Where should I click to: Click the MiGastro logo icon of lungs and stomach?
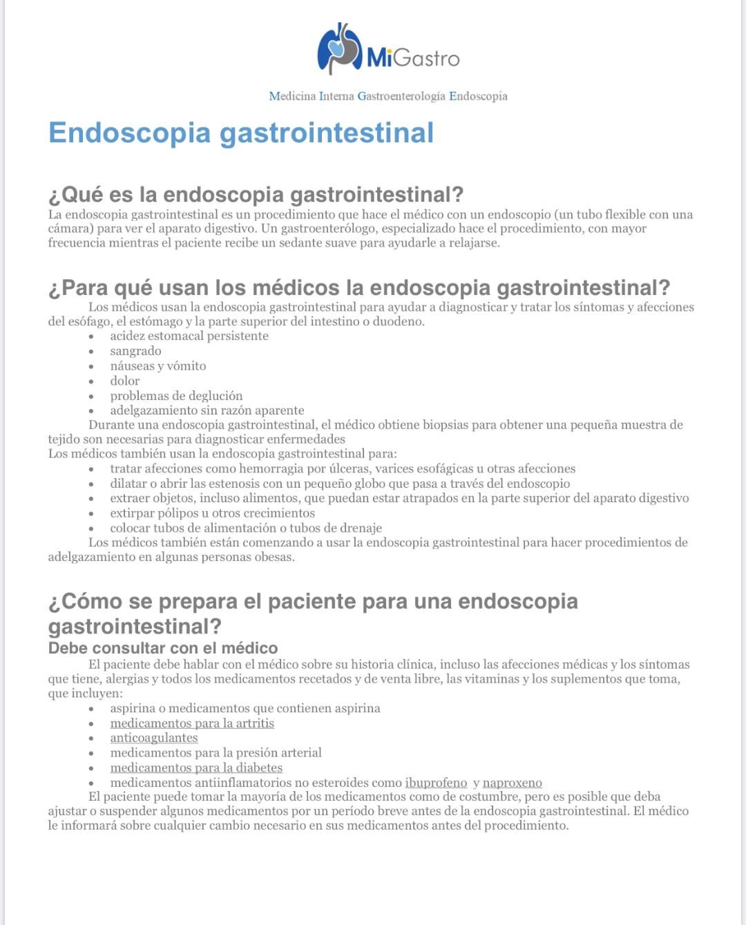click(339, 48)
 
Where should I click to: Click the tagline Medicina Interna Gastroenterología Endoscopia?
click(388, 96)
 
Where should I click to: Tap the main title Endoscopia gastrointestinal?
click(241, 133)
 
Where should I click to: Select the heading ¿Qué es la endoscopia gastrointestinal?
click(256, 195)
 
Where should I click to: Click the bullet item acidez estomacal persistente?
click(189, 336)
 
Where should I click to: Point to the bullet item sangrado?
click(135, 351)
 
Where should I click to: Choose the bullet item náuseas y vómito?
click(157, 366)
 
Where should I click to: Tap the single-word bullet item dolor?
click(124, 381)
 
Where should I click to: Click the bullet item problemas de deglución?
click(176, 396)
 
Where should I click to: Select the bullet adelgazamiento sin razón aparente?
click(207, 410)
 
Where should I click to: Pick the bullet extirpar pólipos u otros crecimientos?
click(212, 513)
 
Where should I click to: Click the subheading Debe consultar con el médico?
click(163, 648)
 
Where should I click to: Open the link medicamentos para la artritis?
click(192, 723)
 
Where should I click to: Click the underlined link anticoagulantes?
click(154, 738)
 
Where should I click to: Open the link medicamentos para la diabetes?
click(196, 767)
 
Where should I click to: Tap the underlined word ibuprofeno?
click(436, 783)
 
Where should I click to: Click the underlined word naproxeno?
click(512, 783)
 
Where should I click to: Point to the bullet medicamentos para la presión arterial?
click(216, 752)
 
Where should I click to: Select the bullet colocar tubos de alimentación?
click(245, 528)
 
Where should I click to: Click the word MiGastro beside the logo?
click(413, 57)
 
